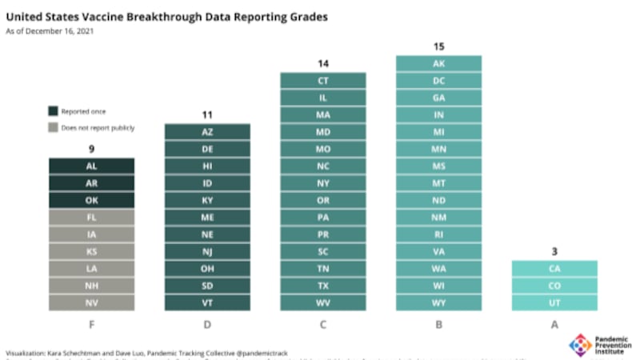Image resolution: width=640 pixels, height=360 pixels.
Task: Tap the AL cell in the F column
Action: point(91,166)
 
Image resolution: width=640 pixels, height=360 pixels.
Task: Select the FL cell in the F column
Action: point(91,217)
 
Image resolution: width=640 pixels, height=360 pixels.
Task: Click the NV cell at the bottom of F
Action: point(91,303)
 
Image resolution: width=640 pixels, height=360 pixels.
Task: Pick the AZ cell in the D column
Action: point(207,131)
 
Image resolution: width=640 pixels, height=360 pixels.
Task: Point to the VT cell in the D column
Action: point(207,303)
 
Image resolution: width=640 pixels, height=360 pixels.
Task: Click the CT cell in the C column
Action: point(323,80)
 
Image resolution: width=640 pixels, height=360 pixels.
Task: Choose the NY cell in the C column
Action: point(323,183)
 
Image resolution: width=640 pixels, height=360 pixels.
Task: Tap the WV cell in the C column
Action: point(323,303)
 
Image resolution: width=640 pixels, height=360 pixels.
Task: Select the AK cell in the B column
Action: point(438,63)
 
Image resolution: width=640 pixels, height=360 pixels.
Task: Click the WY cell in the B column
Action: point(438,303)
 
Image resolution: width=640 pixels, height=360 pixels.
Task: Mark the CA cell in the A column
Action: point(554,269)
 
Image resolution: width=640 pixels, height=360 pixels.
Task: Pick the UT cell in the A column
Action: point(554,303)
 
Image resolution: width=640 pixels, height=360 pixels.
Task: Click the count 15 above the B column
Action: point(438,46)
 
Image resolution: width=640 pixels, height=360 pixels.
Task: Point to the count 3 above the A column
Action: point(554,252)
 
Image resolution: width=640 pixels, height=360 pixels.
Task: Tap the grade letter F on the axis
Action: point(91,324)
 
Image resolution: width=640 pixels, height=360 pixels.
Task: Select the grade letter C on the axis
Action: point(323,324)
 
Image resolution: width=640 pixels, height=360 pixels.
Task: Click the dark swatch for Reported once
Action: point(53,112)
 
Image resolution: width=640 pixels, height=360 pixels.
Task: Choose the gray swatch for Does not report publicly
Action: point(53,127)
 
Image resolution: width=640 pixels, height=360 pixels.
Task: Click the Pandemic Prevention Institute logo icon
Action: point(580,345)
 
